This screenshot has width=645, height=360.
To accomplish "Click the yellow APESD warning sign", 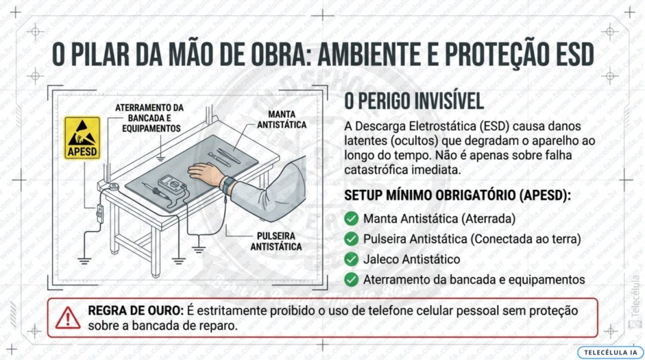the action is pyautogui.click(x=82, y=138).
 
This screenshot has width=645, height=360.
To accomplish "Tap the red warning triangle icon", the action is pyautogui.click(x=68, y=318).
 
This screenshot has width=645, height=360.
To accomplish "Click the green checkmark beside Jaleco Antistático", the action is pyautogui.click(x=351, y=259).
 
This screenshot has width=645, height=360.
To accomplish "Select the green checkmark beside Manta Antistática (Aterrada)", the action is pyautogui.click(x=351, y=219).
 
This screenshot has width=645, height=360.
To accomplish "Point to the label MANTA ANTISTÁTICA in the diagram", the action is pyautogui.click(x=282, y=119).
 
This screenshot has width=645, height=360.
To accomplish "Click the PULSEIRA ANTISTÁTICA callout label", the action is pyautogui.click(x=276, y=242).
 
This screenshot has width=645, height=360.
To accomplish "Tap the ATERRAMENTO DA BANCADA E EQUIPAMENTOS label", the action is pyautogui.click(x=149, y=118).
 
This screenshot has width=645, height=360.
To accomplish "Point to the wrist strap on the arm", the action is pyautogui.click(x=228, y=184).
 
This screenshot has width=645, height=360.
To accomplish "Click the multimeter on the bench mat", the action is pyautogui.click(x=171, y=184).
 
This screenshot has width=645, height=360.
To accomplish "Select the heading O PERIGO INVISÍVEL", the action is pyautogui.click(x=414, y=101).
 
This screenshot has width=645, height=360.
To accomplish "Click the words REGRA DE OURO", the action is pyautogui.click(x=136, y=310).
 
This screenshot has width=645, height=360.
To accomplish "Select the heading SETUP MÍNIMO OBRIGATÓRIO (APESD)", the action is pyautogui.click(x=457, y=195).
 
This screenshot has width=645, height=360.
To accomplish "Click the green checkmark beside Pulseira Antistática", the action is pyautogui.click(x=351, y=239).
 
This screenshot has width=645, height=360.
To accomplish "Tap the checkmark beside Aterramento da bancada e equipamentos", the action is pyautogui.click(x=351, y=279).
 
